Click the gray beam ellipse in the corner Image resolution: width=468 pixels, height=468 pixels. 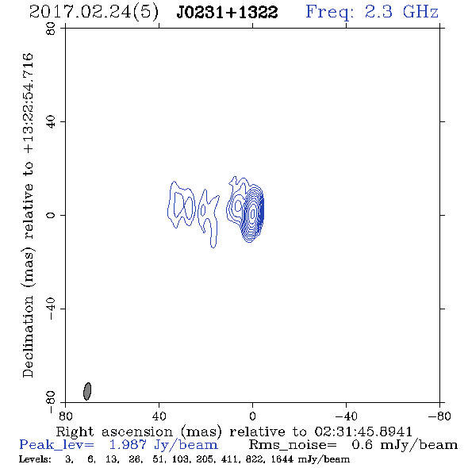coord(87,391)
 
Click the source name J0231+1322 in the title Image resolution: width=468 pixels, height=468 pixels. coord(227,13)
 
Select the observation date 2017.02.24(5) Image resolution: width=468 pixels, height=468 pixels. coord(94,13)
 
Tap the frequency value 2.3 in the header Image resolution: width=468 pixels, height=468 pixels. coord(378,12)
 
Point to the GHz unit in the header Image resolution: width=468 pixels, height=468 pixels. coord(420,12)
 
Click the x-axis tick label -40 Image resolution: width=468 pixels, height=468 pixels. coord(346,416)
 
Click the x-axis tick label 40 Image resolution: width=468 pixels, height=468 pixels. coord(159,416)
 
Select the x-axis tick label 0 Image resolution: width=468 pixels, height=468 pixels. coord(252,416)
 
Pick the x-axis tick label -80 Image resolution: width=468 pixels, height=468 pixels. coord(439,416)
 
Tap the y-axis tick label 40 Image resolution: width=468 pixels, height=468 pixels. coord(51,122)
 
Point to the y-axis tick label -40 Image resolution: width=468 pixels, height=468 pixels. coord(51,309)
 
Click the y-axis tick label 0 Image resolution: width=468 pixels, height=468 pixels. coord(51,215)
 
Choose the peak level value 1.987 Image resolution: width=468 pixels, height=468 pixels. coord(128,445)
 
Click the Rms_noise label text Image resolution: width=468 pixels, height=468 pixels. coord(293,445)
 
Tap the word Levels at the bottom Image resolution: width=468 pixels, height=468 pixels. coord(35,459)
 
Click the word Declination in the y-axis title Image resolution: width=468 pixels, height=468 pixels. coord(28,336)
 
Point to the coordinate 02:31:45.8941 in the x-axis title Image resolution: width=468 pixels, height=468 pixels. coord(363,432)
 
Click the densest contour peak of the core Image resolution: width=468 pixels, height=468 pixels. coord(253,213)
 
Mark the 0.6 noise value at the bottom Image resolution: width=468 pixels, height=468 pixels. coord(362,445)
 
